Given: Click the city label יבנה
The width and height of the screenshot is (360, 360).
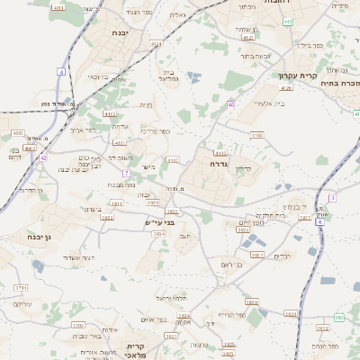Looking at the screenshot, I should pyautogui.click(x=119, y=32).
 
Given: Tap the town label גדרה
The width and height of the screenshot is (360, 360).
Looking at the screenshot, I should pyautogui.click(x=218, y=165).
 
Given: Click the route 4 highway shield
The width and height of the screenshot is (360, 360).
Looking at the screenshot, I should pyautogui.click(x=61, y=70).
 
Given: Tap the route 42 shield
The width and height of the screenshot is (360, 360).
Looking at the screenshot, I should pyautogui.click(x=43, y=157).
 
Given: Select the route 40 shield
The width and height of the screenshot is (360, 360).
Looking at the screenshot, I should pyautogui.click(x=230, y=105).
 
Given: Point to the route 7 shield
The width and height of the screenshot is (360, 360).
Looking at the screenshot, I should pyautogui.click(x=126, y=173).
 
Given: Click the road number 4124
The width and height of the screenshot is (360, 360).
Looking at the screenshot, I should pyautogui.click(x=157, y=43).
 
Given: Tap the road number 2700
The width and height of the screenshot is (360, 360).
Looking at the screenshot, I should pyautogui.click(x=77, y=325).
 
